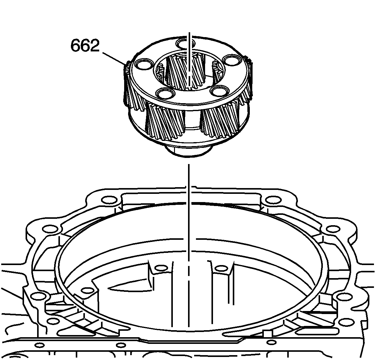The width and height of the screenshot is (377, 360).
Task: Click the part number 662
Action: tap(85, 45)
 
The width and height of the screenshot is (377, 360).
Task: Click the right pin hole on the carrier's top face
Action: tap(231, 61)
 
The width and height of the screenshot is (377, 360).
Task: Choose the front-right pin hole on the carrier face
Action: tap(219, 91)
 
